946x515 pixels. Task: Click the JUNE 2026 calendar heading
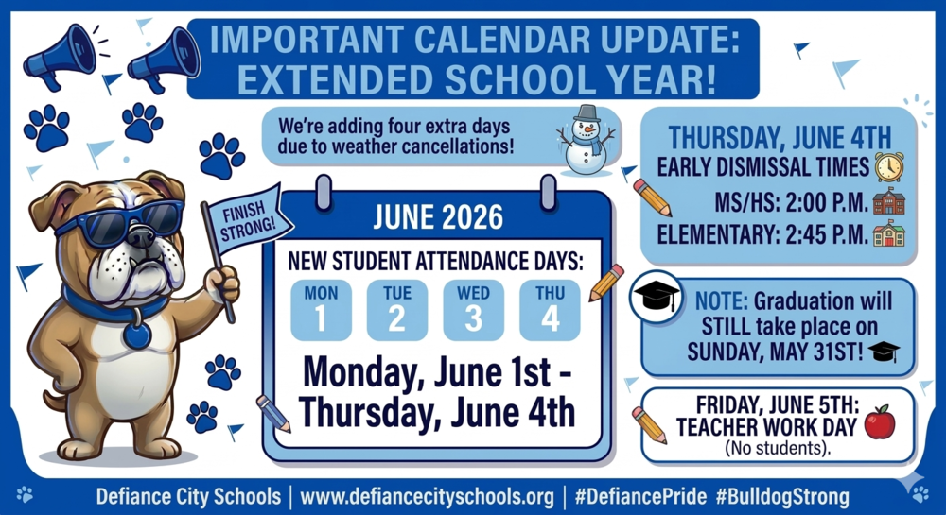(x=437, y=219)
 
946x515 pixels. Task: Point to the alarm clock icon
(x=888, y=167)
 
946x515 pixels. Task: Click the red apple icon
(x=880, y=422)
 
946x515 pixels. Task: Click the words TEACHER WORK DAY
(x=767, y=427)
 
